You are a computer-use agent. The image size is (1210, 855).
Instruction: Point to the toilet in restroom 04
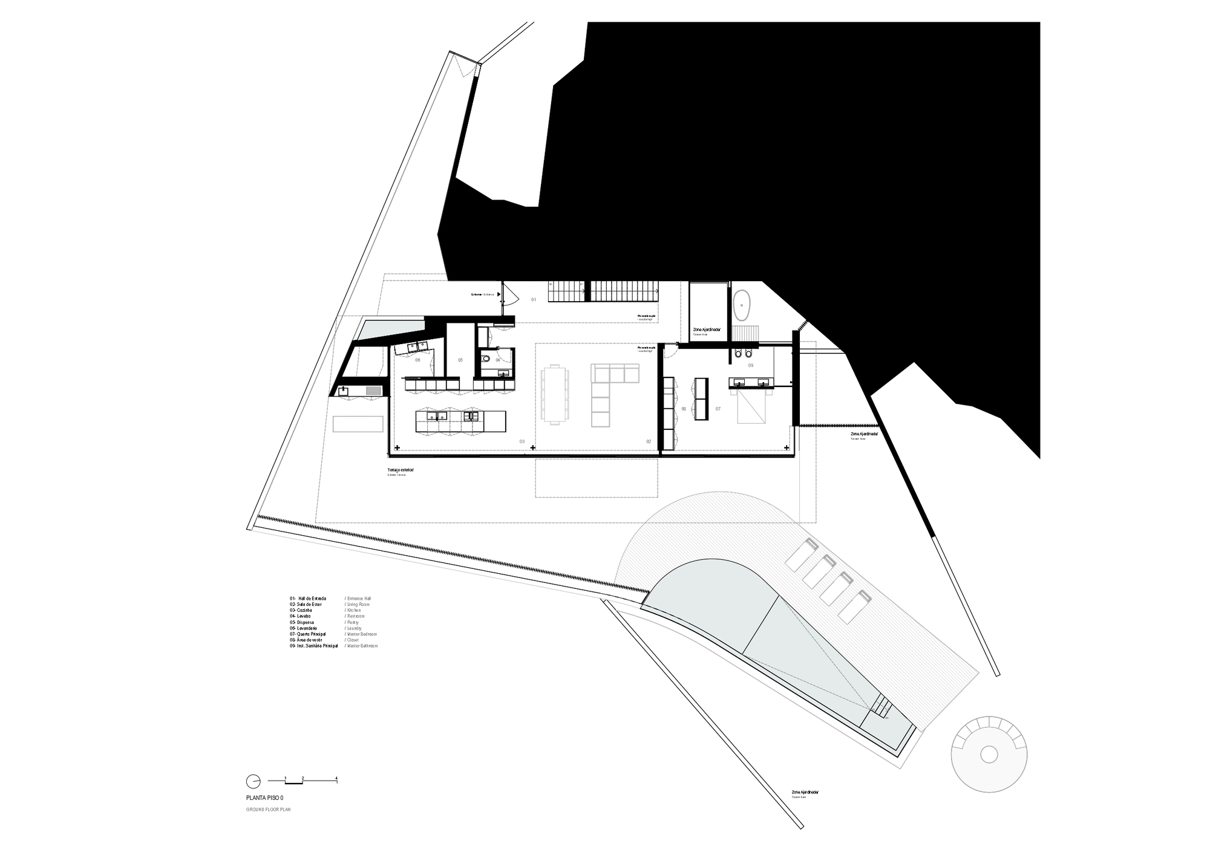486,359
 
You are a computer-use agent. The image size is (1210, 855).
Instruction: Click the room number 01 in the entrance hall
534,299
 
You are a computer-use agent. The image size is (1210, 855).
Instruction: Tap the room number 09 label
751,365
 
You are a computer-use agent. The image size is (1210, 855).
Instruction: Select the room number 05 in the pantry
460,360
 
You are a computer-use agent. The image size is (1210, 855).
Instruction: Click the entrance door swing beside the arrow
509,295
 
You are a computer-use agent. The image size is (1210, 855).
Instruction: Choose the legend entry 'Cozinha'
301,610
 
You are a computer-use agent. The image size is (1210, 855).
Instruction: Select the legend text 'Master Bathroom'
362,646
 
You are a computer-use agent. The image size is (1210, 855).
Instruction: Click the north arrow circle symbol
253,781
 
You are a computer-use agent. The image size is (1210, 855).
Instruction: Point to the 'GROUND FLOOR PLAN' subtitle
268,809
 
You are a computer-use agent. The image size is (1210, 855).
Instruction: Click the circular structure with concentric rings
989,754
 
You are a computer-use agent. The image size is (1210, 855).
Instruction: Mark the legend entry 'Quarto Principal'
307,634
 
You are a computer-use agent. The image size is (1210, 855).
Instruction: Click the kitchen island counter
460,421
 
